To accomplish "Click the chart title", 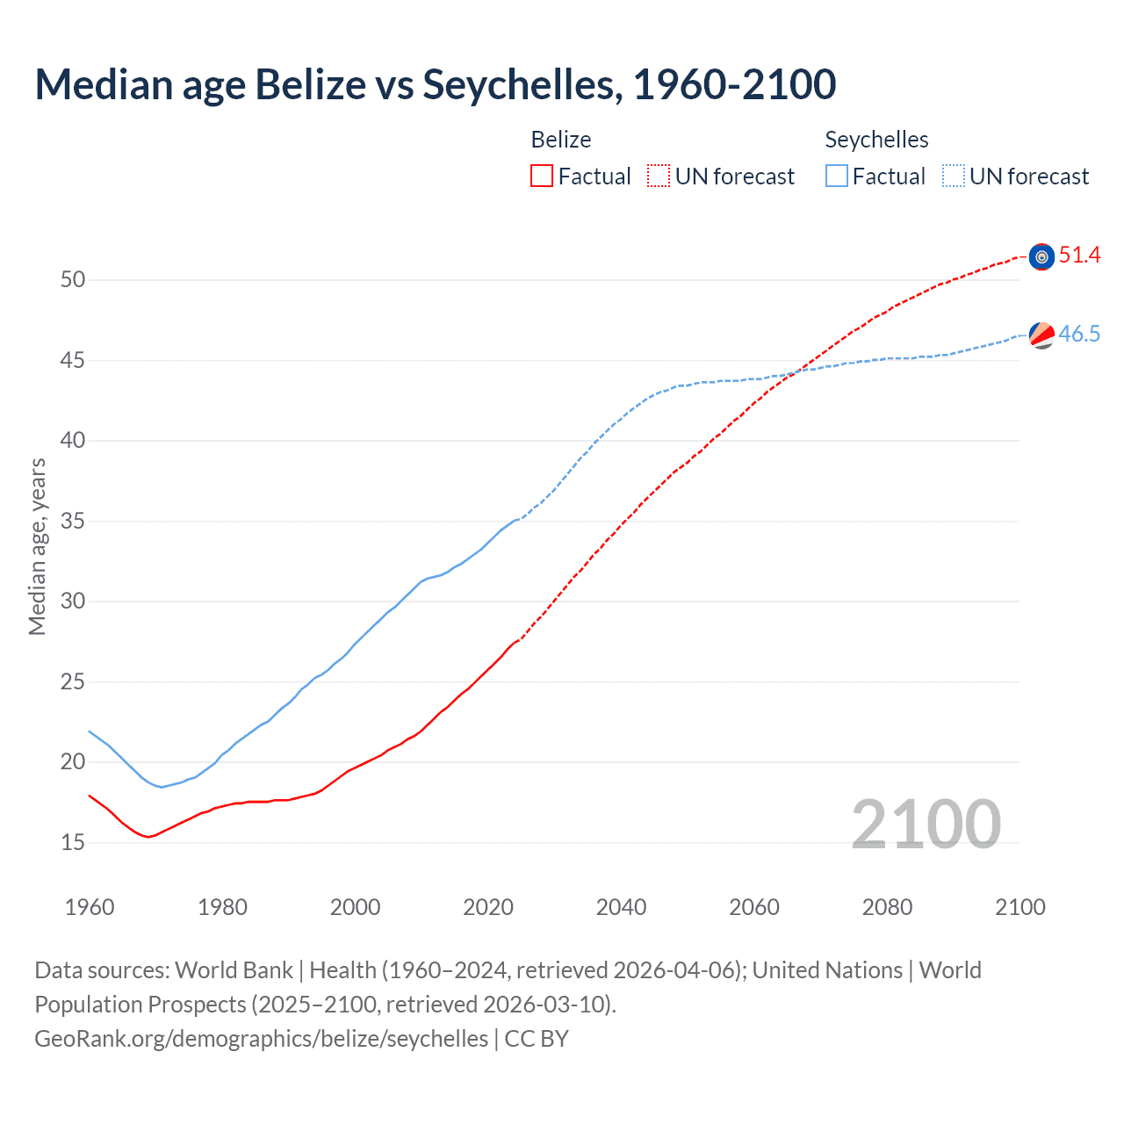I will click(x=435, y=84).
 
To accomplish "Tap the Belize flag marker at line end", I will click(x=1041, y=256).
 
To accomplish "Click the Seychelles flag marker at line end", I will click(x=1041, y=335).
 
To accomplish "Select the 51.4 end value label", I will click(x=1079, y=256).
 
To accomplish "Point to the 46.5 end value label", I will click(x=1079, y=335).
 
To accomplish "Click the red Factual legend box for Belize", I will click(x=542, y=177).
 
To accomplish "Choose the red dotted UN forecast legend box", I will click(x=659, y=177).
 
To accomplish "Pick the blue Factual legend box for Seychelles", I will click(x=837, y=177).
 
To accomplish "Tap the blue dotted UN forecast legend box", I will click(x=954, y=177).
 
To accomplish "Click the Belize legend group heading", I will click(x=561, y=140).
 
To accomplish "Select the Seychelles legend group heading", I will click(x=876, y=140).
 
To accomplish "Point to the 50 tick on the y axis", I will click(x=73, y=280).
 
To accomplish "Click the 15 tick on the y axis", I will click(x=73, y=843).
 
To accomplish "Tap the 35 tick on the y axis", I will click(x=73, y=522).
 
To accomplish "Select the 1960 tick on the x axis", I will click(x=90, y=907).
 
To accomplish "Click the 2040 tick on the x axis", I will click(x=621, y=907).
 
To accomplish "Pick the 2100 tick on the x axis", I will click(x=1020, y=907).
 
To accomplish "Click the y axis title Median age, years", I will click(x=37, y=546).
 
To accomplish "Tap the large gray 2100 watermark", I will click(x=926, y=825).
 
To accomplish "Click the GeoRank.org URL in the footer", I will click(x=261, y=1039).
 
